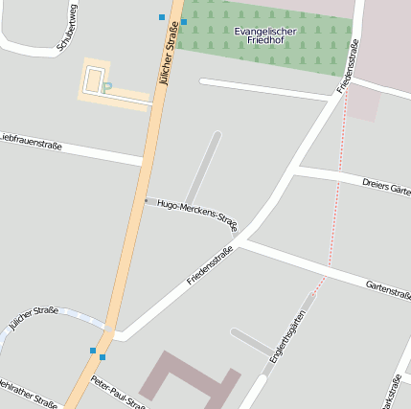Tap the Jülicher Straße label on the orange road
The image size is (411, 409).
[x=169, y=58]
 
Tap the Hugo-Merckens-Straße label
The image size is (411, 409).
[x=196, y=216]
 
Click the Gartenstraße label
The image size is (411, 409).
[x=388, y=288]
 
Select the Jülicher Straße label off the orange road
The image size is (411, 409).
[x=34, y=318]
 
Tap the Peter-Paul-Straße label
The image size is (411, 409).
[x=117, y=393]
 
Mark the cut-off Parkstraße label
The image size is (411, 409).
[x=390, y=390]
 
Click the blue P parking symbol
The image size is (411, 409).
[x=107, y=88]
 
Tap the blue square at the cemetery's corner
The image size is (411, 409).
[x=184, y=20]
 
